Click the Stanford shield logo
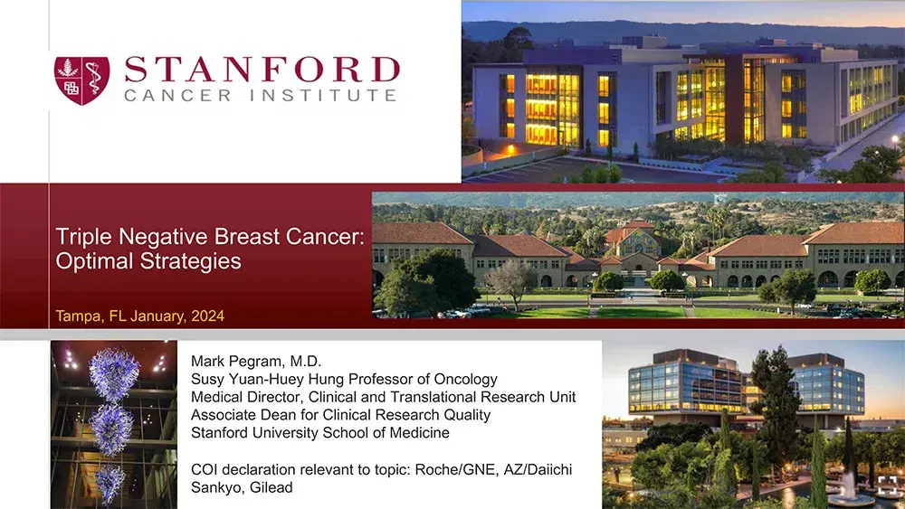(x=82, y=80)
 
